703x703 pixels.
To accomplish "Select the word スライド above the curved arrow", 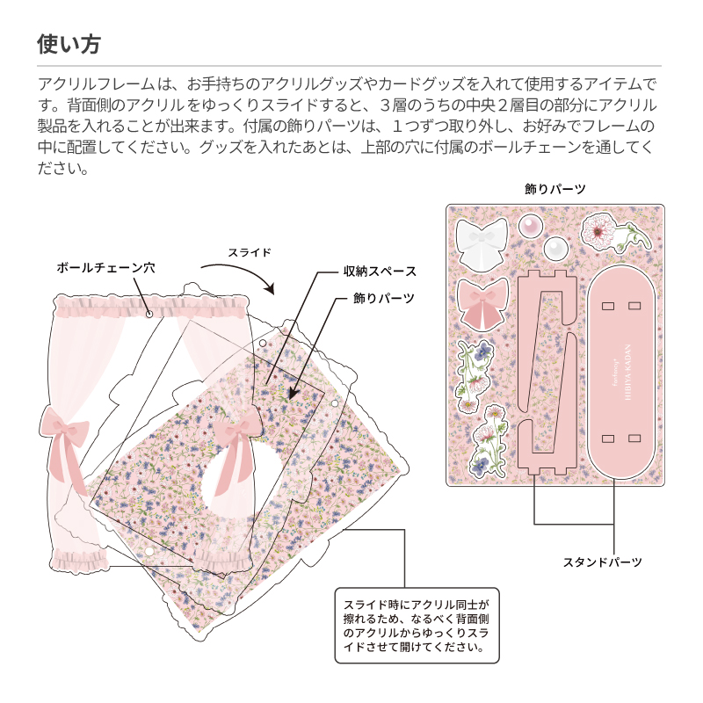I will click(x=250, y=252).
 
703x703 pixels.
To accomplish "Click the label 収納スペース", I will click(x=380, y=272).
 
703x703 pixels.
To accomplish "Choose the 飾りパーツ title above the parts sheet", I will click(x=554, y=188).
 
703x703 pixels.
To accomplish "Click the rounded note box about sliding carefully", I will click(x=416, y=626).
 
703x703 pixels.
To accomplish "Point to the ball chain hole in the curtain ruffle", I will click(x=150, y=313).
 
